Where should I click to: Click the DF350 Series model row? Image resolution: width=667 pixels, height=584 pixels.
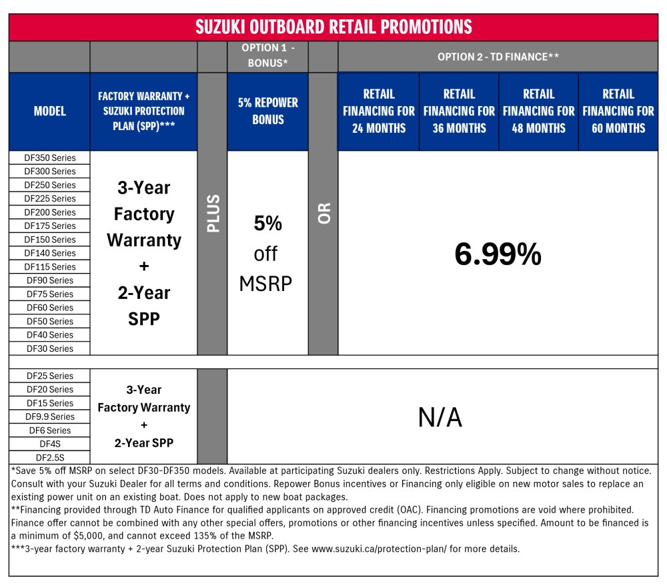coord(50,158)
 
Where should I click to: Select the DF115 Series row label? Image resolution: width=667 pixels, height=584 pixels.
coord(50,267)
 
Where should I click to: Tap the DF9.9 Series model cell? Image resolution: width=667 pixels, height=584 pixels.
coord(50,416)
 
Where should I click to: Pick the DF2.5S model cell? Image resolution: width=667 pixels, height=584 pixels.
coord(50,458)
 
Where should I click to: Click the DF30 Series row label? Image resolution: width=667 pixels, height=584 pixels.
coord(50,348)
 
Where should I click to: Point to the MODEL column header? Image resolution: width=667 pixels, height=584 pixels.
coord(50,111)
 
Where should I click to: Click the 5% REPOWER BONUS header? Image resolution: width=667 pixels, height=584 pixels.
coord(268,111)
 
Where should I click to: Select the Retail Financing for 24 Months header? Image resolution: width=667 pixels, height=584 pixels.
coord(379,111)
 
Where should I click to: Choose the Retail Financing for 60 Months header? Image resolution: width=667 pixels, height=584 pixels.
coord(618,111)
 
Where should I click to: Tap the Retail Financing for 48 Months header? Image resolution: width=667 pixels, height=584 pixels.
coord(538,111)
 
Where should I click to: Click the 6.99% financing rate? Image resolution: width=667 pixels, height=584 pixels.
coord(498,254)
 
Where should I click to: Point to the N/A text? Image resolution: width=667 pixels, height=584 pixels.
coord(440,417)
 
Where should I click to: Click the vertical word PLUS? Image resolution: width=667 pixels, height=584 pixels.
coord(213,214)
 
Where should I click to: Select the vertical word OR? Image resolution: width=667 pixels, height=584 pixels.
coord(323,214)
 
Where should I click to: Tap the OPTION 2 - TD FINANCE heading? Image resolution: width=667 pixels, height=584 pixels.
coord(498,57)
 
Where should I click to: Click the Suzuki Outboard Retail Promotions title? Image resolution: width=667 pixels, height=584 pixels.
coord(333,27)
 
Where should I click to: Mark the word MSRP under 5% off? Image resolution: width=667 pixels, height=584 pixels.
coord(265,284)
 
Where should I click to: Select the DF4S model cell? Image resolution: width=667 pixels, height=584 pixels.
coord(50,444)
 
